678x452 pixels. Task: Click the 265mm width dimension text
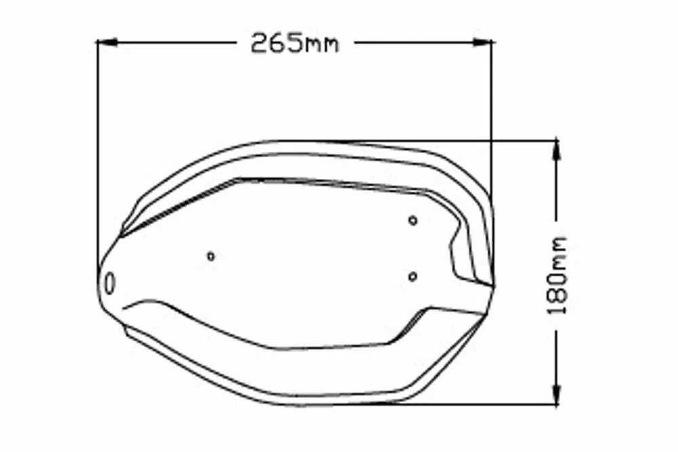(x=294, y=43)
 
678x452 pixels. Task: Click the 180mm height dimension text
(x=557, y=276)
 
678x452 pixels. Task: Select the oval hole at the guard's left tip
(x=111, y=281)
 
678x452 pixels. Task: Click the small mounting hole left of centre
(x=211, y=255)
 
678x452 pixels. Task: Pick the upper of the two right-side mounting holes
(x=413, y=220)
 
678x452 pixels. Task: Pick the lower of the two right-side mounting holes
(x=413, y=276)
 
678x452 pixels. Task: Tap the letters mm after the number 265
(x=321, y=45)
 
